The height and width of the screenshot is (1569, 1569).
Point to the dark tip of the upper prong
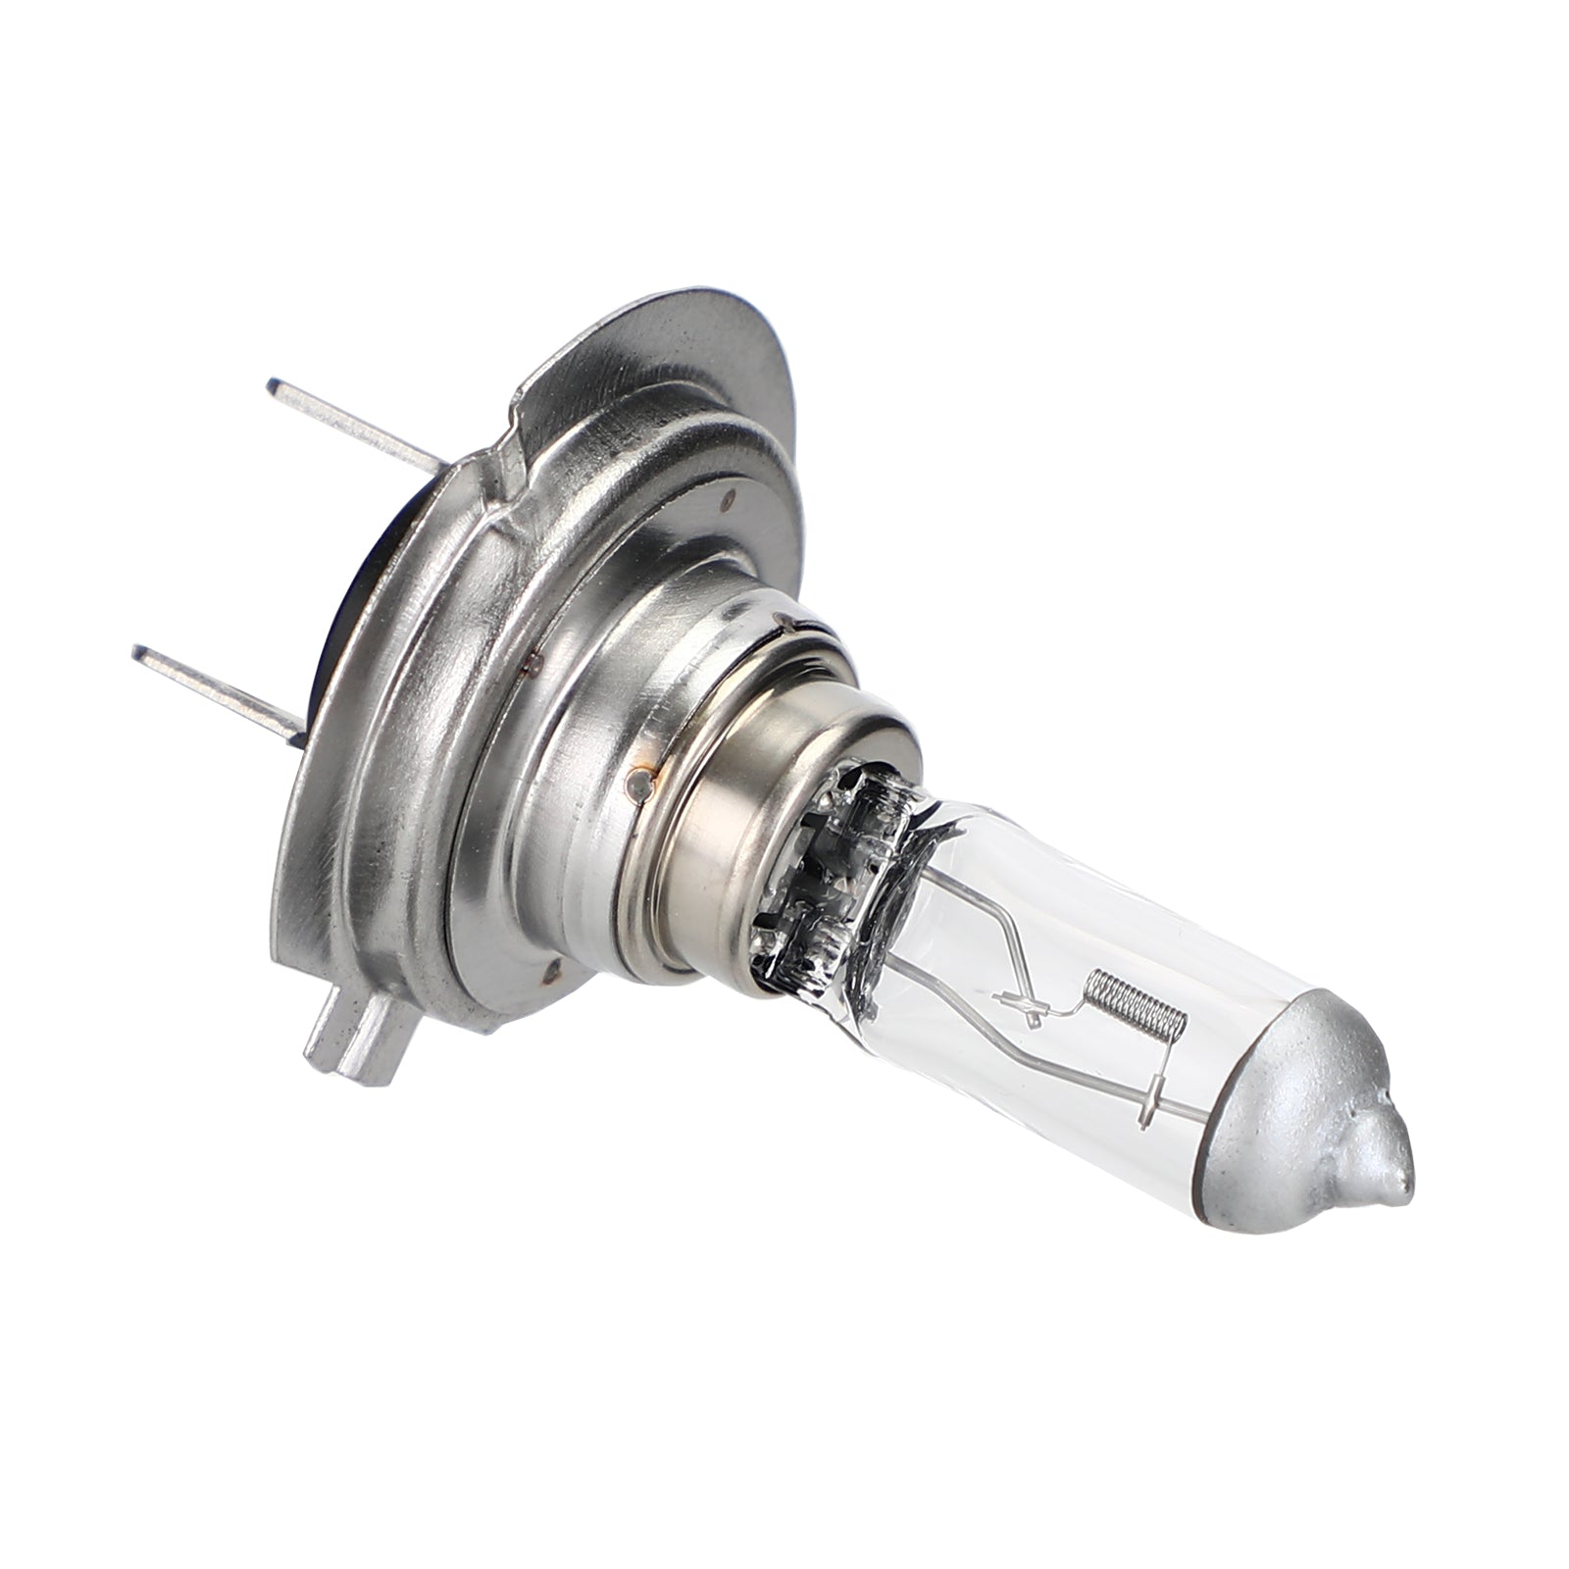[x=276, y=385]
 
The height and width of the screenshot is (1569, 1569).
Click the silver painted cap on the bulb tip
[x=1294, y=1138]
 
